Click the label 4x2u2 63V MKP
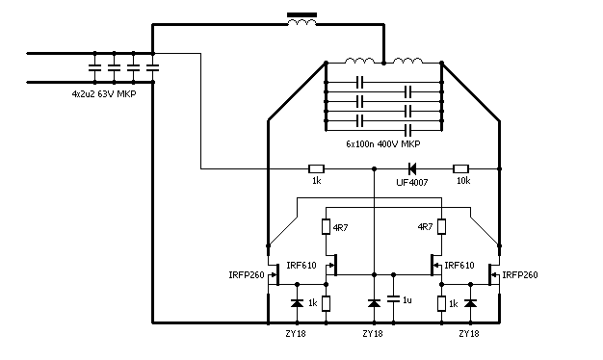click(x=104, y=93)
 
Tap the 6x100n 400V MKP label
click(x=383, y=144)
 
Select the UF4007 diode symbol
click(x=412, y=168)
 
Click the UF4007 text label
click(x=412, y=182)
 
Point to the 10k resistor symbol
click(x=460, y=168)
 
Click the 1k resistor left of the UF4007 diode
click(x=317, y=168)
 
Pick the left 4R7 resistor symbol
click(x=327, y=226)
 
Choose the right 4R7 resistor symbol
click(x=441, y=226)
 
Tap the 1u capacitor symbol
click(x=393, y=298)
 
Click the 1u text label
click(x=407, y=299)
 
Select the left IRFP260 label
click(x=247, y=275)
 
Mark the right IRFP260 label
click(x=520, y=274)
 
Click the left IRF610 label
click(x=301, y=266)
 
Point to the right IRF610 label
click(x=459, y=266)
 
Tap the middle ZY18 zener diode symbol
click(x=374, y=303)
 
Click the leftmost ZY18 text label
click(x=296, y=333)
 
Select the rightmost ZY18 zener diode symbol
click(x=470, y=303)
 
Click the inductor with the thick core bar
click(x=301, y=19)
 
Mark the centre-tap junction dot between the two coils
click(x=383, y=63)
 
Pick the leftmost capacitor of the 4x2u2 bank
click(x=95, y=68)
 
